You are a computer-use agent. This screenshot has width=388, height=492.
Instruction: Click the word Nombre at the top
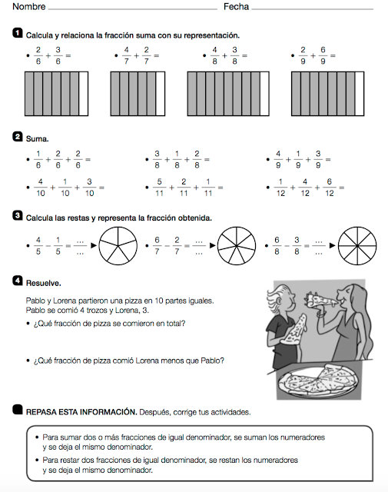[29, 7]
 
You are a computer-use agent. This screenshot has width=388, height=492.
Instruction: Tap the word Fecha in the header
[236, 7]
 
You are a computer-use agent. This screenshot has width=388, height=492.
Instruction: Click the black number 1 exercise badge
[17, 33]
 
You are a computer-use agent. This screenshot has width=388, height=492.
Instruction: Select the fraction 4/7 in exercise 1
[126, 55]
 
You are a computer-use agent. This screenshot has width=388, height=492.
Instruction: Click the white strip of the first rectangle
[84, 94]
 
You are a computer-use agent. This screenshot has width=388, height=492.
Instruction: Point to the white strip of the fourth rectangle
[360, 94]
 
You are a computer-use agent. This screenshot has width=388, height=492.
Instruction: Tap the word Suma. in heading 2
[38, 138]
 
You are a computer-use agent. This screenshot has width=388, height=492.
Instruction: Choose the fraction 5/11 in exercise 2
[159, 188]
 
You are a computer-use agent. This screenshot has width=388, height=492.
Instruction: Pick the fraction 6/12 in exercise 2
[330, 188]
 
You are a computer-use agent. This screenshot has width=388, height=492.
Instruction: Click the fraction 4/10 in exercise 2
[41, 188]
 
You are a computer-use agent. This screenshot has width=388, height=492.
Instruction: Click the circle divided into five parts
[118, 246]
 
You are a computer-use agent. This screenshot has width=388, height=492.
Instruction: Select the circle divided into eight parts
[357, 246]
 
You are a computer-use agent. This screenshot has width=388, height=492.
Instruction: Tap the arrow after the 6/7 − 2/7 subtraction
[213, 245]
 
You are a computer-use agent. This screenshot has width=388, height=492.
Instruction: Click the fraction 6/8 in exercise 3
[277, 246]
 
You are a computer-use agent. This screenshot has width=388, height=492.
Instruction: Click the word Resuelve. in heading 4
[44, 283]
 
